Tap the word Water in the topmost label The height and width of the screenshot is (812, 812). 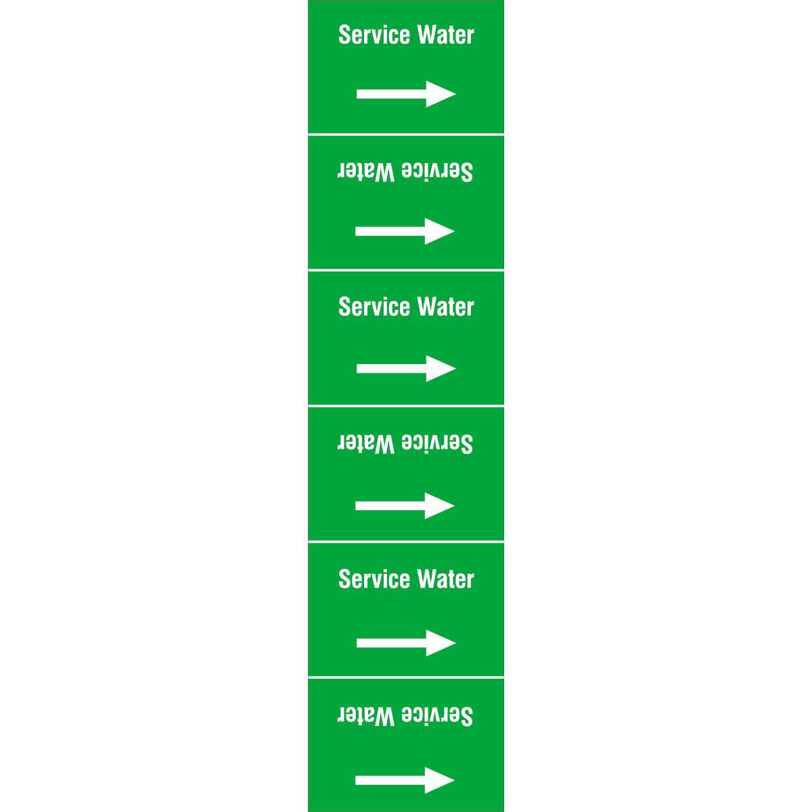446,35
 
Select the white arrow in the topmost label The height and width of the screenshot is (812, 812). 406,94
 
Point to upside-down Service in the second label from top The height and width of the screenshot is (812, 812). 437,172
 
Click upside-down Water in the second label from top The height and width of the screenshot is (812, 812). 366,172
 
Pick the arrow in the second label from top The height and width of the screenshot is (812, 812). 405,231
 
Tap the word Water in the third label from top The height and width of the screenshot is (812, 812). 446,307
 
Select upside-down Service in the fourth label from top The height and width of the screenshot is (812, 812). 437,444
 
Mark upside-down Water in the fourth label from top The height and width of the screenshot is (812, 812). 366,444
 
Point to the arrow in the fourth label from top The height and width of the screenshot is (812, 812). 405,505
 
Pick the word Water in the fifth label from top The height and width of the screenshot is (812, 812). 446,579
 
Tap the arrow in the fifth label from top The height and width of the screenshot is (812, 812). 406,643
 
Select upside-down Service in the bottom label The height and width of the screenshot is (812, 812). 437,716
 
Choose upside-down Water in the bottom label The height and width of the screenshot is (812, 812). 366,716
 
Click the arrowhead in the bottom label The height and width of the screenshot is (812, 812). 440,780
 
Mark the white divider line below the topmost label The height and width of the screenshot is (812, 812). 406,135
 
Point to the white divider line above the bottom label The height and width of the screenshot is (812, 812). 406,678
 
